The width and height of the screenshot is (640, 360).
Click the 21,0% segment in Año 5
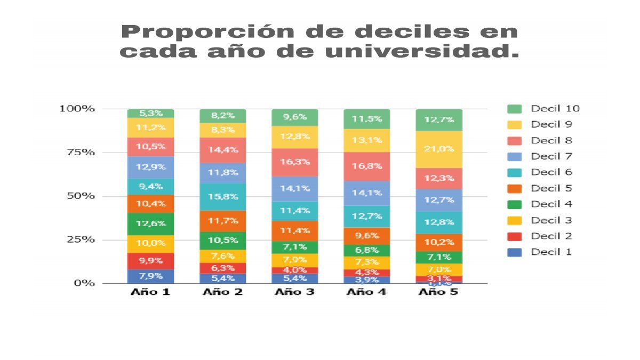[439, 149]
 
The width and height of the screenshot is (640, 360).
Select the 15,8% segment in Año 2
[223, 197]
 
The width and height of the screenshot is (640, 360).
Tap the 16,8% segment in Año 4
[367, 166]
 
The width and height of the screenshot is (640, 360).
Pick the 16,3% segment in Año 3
[295, 162]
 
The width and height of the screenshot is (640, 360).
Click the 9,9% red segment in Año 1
[150, 261]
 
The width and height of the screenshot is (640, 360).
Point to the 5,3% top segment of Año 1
[150, 113]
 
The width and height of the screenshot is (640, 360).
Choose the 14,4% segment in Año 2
[223, 150]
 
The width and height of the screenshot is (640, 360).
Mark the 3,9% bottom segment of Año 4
[367, 279]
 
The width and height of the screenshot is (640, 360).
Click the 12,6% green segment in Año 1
[150, 224]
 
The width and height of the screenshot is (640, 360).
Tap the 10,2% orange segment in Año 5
[439, 242]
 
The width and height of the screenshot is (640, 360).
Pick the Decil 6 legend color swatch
[515, 173]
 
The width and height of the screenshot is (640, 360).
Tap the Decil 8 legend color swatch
[515, 141]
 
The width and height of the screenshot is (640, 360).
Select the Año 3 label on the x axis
[295, 292]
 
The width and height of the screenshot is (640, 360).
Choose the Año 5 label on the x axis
[439, 292]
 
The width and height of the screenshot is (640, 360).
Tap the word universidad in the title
[415, 52]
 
